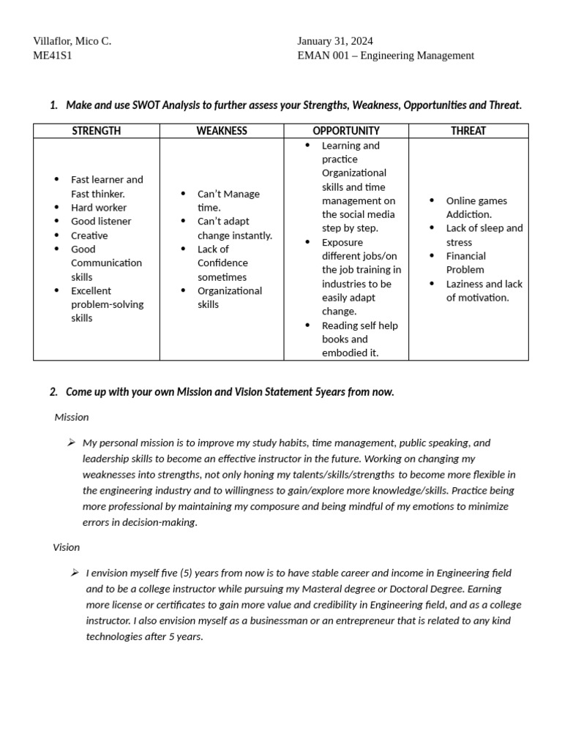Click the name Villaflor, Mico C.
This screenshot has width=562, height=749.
(x=72, y=41)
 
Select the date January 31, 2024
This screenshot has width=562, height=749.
(x=334, y=41)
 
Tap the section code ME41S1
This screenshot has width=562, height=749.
(x=53, y=56)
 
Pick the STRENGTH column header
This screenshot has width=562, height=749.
(x=97, y=131)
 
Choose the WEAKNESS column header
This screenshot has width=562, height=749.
(x=222, y=131)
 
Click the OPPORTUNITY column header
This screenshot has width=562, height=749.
(x=346, y=131)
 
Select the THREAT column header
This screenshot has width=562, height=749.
(x=468, y=131)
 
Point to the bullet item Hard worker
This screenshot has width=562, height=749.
(x=99, y=208)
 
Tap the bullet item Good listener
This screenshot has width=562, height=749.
(x=101, y=222)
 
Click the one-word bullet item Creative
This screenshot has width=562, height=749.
(x=89, y=236)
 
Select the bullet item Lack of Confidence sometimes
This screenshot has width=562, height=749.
(x=222, y=263)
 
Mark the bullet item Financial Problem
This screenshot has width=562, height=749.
(x=466, y=263)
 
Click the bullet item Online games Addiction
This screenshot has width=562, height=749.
(x=476, y=208)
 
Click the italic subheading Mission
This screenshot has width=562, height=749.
(x=72, y=417)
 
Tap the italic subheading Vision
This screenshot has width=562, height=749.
(x=67, y=547)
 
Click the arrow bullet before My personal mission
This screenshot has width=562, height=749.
(x=71, y=443)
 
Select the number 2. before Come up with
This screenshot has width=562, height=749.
(x=53, y=392)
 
